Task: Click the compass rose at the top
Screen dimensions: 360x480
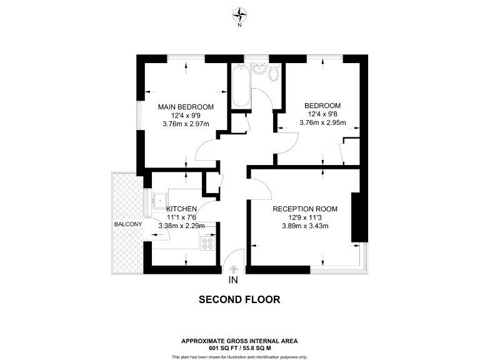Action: [x=239, y=14]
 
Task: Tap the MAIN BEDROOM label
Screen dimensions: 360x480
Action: [x=186, y=107]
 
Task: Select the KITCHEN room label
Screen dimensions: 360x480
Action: [x=182, y=209]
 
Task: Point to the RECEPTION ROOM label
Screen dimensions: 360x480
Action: [x=305, y=209]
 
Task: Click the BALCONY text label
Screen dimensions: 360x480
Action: [x=128, y=224]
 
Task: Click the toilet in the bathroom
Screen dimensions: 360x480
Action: [x=273, y=74]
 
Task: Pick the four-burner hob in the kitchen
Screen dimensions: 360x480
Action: [x=207, y=242]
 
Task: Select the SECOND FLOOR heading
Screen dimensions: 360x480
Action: [x=239, y=299]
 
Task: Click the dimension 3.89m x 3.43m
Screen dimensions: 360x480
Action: [x=305, y=226]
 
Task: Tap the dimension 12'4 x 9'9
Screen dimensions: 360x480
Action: [x=186, y=115]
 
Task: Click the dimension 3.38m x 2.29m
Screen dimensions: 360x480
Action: [x=182, y=226]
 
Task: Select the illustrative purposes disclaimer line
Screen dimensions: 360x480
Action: [x=239, y=356]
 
